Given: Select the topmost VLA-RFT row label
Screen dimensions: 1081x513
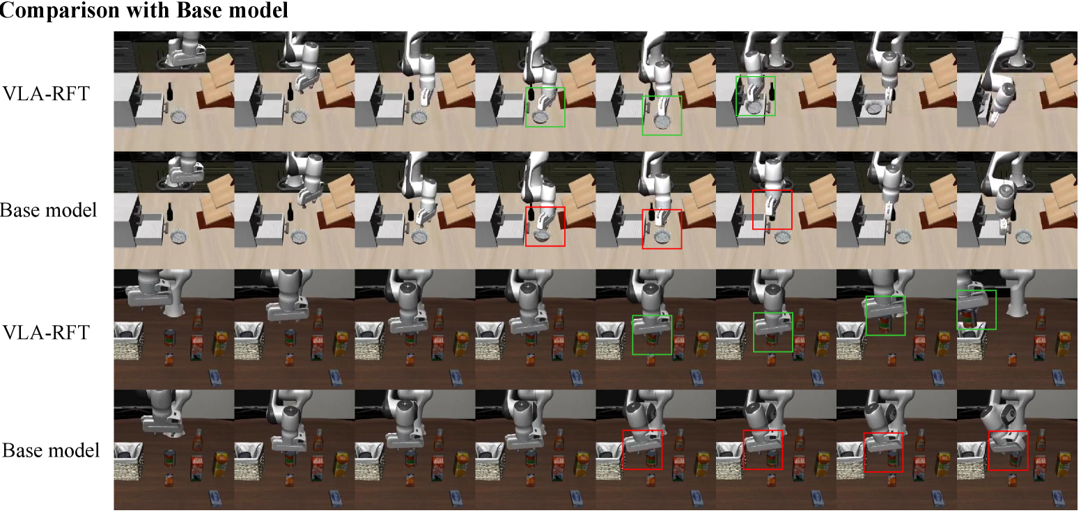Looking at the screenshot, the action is [x=46, y=93].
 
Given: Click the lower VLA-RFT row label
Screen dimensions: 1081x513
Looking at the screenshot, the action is [x=46, y=332].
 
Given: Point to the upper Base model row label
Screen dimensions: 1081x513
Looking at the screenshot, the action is [x=48, y=210].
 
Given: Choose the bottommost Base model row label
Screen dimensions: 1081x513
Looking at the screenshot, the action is [x=51, y=450].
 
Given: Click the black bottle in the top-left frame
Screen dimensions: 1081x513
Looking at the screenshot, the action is [x=169, y=91].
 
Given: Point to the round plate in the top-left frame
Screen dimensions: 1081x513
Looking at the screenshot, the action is [x=179, y=116].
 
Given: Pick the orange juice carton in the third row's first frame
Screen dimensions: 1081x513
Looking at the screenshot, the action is [x=221, y=342].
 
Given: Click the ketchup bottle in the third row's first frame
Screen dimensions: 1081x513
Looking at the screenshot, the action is [x=197, y=319].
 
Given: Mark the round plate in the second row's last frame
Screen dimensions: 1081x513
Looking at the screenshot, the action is [x=1023, y=236].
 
